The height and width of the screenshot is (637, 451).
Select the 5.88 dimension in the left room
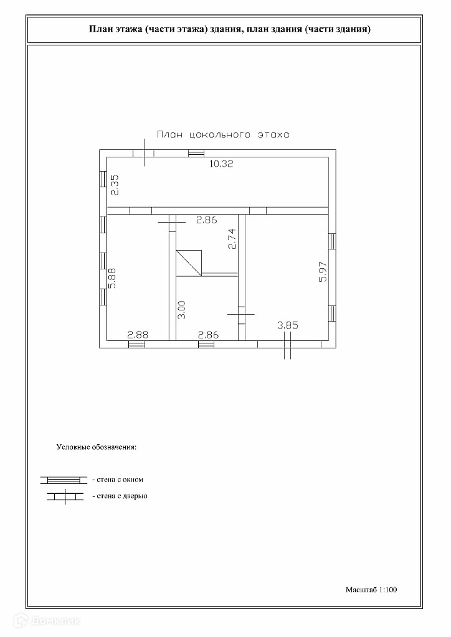[112, 278]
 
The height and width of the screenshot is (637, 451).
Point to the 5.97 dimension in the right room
[323, 271]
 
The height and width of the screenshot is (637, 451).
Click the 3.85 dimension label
[288, 324]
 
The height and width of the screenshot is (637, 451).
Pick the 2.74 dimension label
[232, 239]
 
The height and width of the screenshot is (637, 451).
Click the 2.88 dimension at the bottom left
[138, 335]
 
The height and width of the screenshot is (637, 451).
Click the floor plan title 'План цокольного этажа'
[223, 134]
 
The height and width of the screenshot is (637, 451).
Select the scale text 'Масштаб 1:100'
[371, 588]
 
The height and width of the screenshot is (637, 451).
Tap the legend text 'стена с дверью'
[120, 496]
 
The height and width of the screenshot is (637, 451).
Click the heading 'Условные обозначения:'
[97, 447]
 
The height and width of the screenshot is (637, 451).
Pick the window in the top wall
[196, 153]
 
